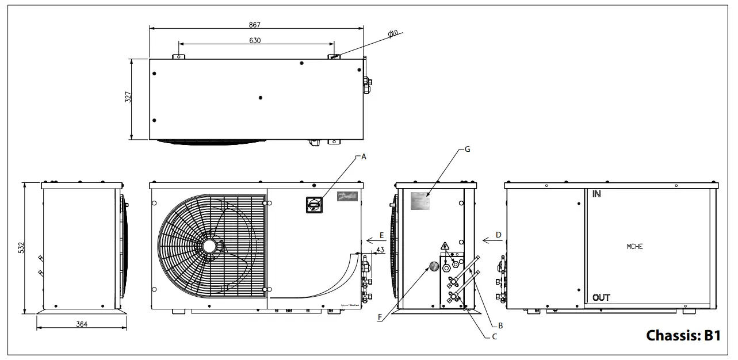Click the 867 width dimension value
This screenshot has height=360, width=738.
coord(255,25)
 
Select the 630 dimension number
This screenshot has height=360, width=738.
coord(255,40)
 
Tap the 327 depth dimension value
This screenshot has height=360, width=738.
coord(129,97)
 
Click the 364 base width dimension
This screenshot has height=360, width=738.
coord(82,324)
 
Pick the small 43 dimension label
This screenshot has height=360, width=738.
coord(380,250)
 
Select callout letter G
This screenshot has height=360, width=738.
coord(467,149)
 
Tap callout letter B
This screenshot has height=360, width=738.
coord(500,325)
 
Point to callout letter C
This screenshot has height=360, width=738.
coord(494,337)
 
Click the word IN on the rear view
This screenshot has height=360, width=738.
coord(597,194)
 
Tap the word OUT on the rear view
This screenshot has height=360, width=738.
coord(601,297)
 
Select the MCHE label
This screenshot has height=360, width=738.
coord(634,247)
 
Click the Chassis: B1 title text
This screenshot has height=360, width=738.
coord(683,335)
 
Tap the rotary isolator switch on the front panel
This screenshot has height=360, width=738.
coord(314,203)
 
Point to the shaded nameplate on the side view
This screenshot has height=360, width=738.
coord(420,201)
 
